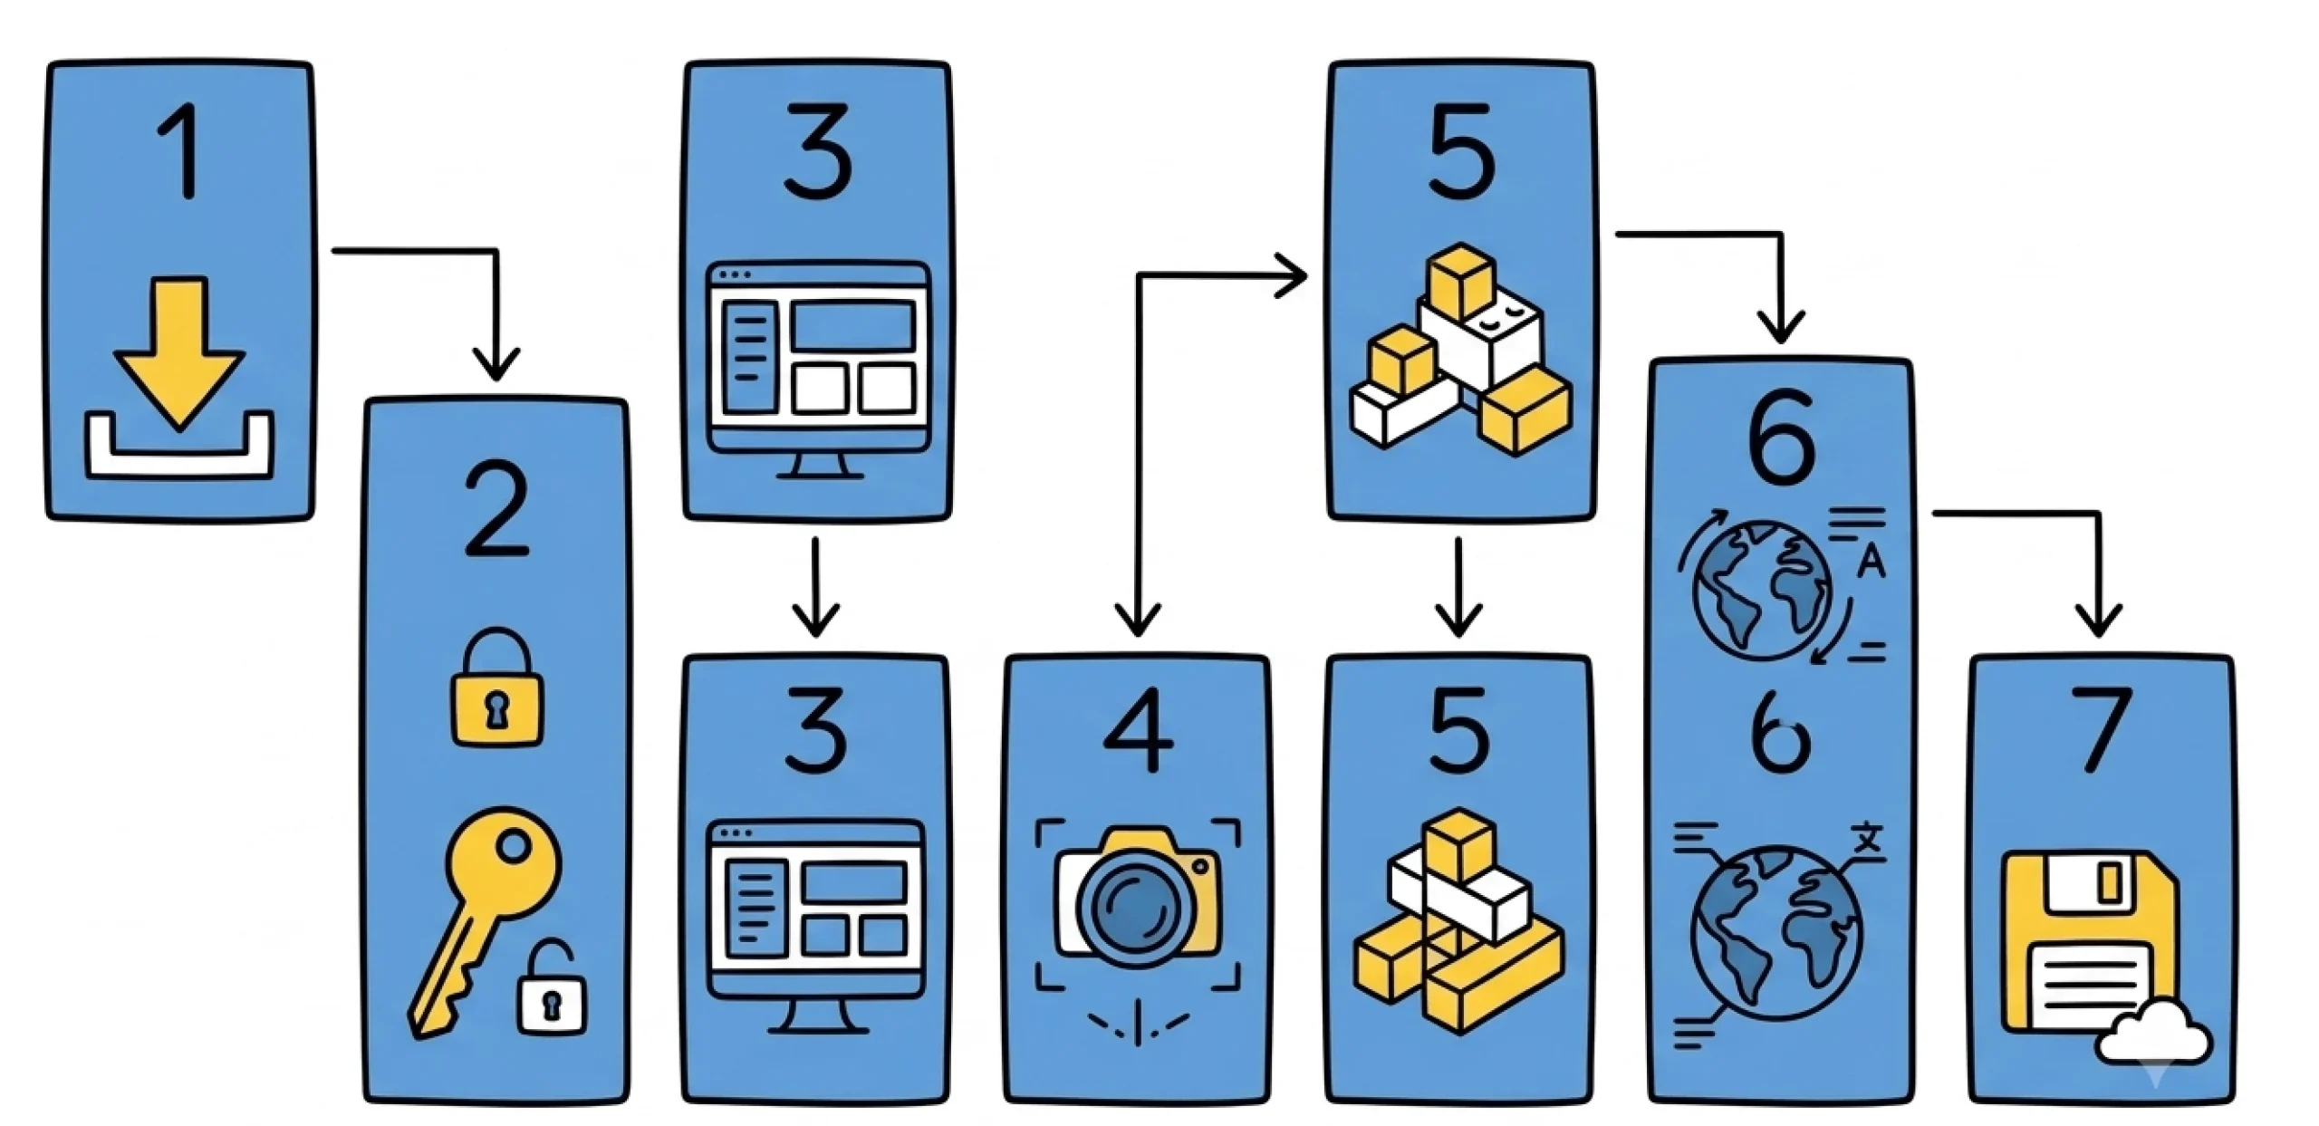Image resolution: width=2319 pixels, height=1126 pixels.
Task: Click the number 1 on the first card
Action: click(181, 151)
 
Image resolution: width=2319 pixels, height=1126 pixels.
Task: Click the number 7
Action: click(2101, 730)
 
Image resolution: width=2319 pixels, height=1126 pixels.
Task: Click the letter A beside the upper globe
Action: click(1872, 563)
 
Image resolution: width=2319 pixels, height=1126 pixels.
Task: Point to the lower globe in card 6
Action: click(1777, 932)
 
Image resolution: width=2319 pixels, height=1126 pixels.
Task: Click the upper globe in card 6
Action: click(1762, 590)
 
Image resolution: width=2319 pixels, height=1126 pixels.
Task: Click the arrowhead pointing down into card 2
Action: click(496, 364)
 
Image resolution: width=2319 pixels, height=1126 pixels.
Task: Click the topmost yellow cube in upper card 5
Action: click(1459, 279)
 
